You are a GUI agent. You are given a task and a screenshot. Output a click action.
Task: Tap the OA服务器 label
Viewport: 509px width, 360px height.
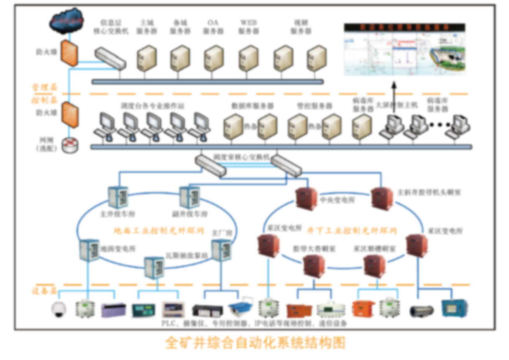213,26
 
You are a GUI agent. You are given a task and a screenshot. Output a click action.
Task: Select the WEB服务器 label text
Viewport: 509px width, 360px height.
248,26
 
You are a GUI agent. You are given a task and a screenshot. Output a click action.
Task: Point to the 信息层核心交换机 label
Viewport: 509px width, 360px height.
111,26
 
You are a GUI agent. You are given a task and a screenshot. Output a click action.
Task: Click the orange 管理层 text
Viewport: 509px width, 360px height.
44,87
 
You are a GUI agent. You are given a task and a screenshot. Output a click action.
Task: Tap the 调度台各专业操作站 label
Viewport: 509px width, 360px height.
152,106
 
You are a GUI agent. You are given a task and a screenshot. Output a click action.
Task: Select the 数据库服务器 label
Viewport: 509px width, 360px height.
252,106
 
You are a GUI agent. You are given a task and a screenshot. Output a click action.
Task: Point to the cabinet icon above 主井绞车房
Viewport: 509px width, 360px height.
118,196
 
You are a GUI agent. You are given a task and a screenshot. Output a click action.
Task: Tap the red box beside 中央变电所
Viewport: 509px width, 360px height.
307,198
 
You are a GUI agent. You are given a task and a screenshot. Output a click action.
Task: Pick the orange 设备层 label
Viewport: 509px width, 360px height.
44,291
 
